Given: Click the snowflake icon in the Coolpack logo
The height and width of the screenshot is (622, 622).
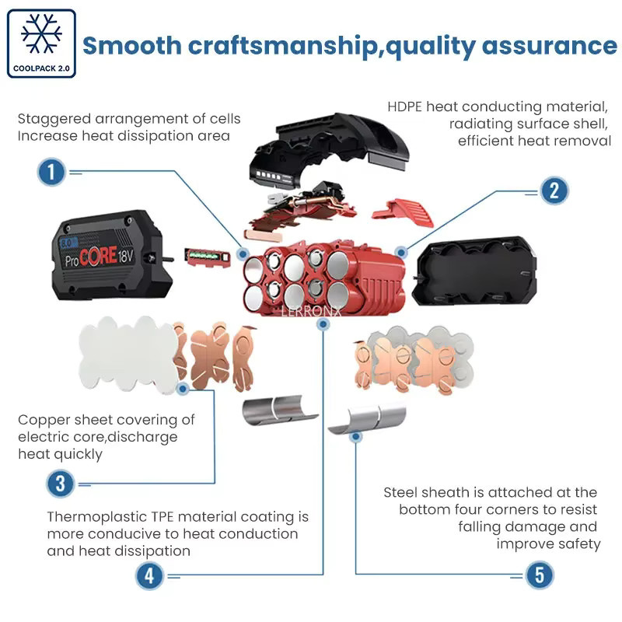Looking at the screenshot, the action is (41, 33).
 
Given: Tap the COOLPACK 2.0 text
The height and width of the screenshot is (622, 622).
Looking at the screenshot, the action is (41, 68).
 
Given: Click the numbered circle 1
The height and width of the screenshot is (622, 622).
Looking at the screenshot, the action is (51, 172).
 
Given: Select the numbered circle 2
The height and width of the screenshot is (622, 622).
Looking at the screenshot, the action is (554, 190).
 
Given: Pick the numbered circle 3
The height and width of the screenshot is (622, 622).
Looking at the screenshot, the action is (61, 484).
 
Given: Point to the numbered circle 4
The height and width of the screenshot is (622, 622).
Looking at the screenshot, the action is (149, 576).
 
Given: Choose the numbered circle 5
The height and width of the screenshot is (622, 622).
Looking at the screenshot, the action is (540, 575).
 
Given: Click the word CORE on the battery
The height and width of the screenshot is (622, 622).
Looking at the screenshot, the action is (98, 257).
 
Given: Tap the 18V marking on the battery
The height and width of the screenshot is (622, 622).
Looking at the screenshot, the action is (125, 255).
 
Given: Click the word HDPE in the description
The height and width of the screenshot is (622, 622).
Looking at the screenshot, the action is (404, 107).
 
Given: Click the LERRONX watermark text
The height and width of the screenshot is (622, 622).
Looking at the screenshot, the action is (311, 312).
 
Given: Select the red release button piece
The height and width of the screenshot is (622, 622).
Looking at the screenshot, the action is (402, 212).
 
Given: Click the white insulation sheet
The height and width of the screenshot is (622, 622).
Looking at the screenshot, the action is (128, 355).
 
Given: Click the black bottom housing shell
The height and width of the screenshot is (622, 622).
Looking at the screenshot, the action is (474, 271).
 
